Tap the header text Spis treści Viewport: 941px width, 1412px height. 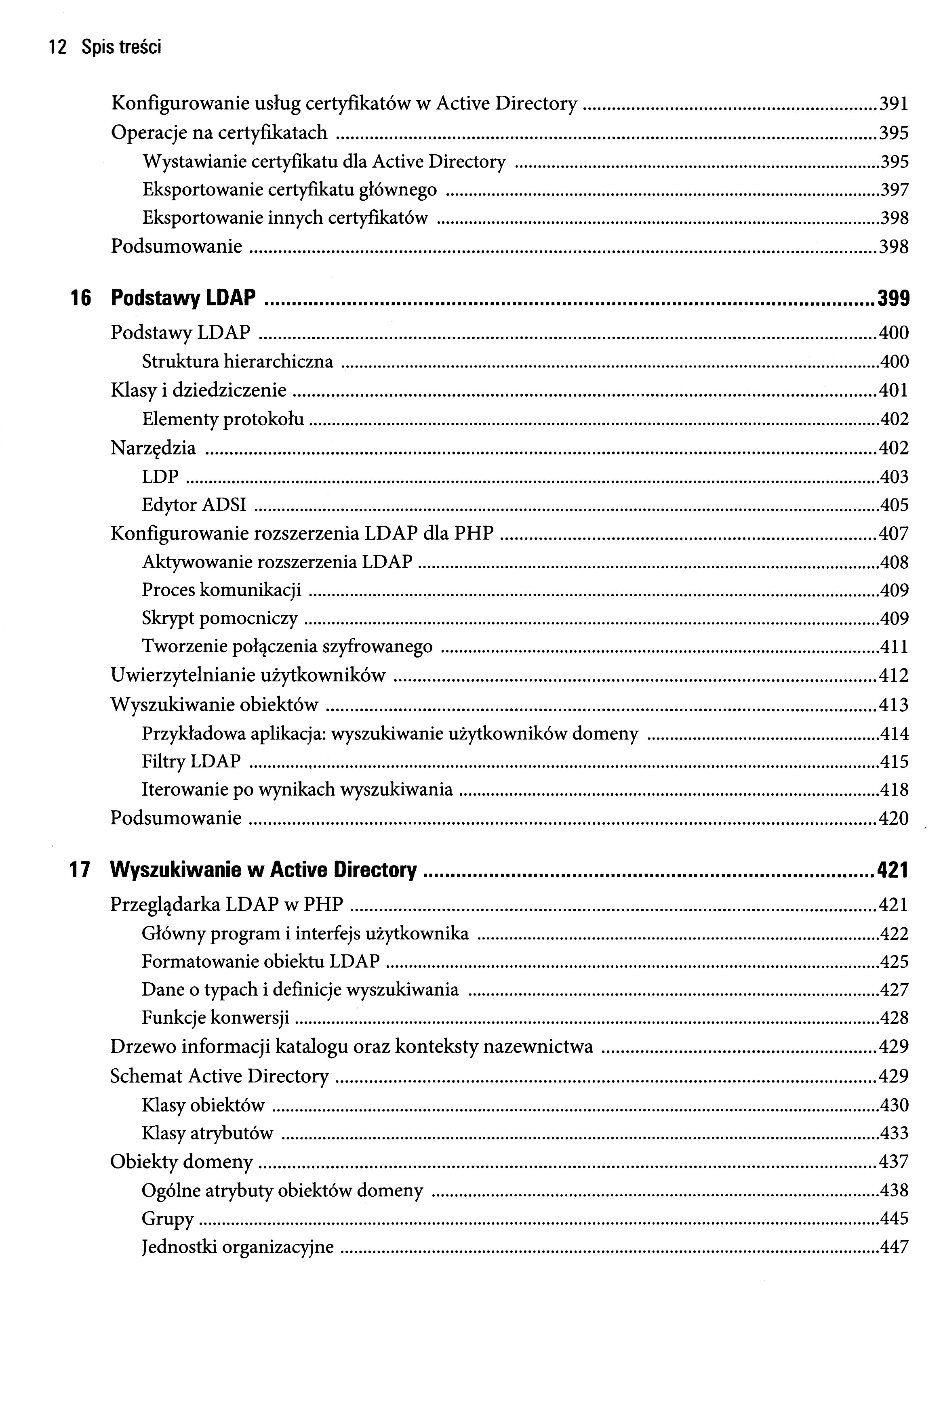pyautogui.click(x=122, y=47)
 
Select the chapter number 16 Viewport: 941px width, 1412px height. pyautogui.click(x=80, y=298)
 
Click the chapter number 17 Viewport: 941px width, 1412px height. pyautogui.click(x=80, y=870)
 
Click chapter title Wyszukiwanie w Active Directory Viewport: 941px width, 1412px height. pyautogui.click(x=263, y=870)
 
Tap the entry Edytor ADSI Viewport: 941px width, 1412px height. pyautogui.click(x=194, y=505)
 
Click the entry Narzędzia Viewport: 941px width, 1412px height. pyautogui.click(x=153, y=448)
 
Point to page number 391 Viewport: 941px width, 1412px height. pyautogui.click(x=894, y=104)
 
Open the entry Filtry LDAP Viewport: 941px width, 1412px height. pyautogui.click(x=191, y=762)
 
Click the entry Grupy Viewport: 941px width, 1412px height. pyautogui.click(x=167, y=1219)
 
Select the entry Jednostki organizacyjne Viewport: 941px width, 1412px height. pyautogui.click(x=237, y=1248)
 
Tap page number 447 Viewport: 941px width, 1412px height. pyautogui.click(x=894, y=1248)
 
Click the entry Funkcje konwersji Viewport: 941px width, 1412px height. pyautogui.click(x=215, y=1018)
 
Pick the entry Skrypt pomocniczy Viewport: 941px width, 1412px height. pyautogui.click(x=220, y=618)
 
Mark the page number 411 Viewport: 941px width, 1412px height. pyautogui.click(x=894, y=647)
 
